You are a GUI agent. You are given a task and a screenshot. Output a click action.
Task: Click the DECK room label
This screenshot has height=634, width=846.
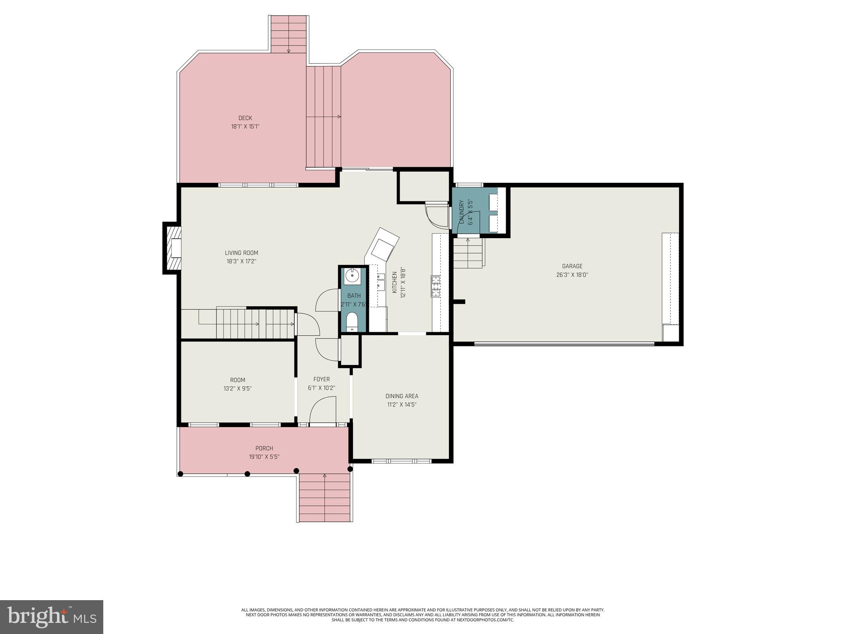coord(245,118)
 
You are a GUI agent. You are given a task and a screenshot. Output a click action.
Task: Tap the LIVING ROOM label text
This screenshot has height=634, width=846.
coord(242,253)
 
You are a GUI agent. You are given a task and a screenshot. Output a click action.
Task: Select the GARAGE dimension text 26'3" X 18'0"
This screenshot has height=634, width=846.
coord(572,274)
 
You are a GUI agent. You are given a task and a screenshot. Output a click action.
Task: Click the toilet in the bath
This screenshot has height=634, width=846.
coord(352,322)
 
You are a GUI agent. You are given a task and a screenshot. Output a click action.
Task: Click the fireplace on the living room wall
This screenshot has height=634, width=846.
coord(173,248)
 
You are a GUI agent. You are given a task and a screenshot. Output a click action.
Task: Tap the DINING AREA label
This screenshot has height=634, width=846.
coord(402,396)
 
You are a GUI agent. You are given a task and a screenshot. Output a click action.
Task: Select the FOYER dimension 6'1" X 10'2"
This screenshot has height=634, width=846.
coord(321,388)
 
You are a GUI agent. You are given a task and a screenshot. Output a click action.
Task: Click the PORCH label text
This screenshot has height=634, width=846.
coord(264,448)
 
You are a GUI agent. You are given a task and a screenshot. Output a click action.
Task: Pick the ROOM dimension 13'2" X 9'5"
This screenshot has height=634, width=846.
coord(238,388)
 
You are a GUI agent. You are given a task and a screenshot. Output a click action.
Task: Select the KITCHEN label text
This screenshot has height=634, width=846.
coord(394,283)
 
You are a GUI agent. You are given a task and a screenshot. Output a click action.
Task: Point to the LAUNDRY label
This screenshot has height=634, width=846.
coord(461,212)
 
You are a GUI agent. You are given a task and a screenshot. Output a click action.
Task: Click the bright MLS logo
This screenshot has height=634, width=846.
coord(52,617)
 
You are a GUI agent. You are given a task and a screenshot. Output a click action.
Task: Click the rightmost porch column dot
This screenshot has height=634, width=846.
coord(350,469)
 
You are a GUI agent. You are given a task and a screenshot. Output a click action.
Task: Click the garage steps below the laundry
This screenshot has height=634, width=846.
coord(468,253)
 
